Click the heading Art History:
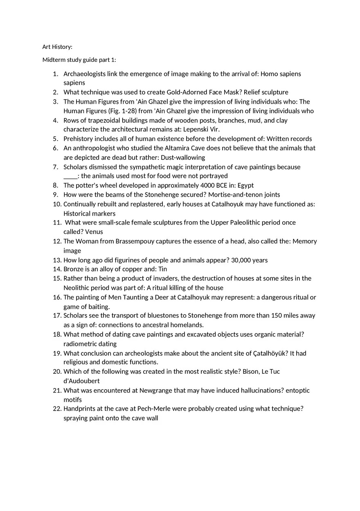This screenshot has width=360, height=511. [57, 47]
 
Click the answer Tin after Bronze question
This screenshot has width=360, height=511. [162, 269]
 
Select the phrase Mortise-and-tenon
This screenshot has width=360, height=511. [235, 195]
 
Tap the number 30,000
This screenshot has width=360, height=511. [241, 260]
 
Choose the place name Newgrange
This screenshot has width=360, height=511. [156, 391]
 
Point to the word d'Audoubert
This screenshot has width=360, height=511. [81, 381]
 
